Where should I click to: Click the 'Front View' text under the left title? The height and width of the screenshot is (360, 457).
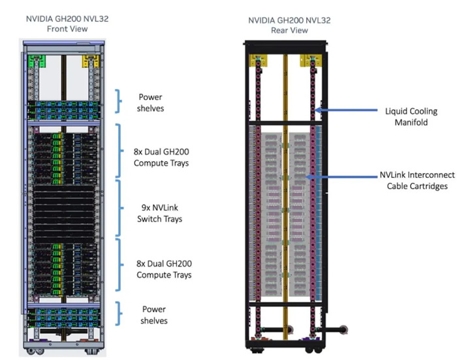(67, 29)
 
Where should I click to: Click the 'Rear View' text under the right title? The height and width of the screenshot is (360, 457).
(289, 30)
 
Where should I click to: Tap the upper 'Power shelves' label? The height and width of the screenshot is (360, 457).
(150, 103)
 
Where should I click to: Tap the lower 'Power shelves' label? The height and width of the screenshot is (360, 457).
(154, 315)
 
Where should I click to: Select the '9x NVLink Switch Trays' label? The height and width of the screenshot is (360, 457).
(160, 213)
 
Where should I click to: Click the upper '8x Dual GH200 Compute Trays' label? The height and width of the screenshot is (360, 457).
(161, 157)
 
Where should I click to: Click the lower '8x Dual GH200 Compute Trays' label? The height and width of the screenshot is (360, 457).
(164, 269)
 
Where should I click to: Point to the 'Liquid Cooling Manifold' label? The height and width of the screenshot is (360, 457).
(411, 116)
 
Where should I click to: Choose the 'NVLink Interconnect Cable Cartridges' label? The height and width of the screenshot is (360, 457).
(417, 180)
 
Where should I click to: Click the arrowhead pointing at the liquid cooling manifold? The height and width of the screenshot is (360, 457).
(318, 110)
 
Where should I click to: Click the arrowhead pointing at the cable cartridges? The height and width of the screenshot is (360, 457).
(309, 177)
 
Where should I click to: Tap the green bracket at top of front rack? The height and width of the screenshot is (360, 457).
(37, 61)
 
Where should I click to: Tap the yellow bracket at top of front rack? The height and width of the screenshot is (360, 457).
(91, 61)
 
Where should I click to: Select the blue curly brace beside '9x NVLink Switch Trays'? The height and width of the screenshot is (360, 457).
(119, 208)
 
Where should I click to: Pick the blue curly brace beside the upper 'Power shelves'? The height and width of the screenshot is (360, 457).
(118, 101)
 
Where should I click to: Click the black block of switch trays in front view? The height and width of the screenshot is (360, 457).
(64, 214)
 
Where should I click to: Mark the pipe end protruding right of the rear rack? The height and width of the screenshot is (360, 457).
(343, 330)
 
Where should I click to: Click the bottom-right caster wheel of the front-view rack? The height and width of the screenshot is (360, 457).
(89, 352)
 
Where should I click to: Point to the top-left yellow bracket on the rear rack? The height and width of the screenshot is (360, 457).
(258, 60)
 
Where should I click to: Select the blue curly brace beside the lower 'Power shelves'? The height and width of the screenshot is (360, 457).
(118, 314)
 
